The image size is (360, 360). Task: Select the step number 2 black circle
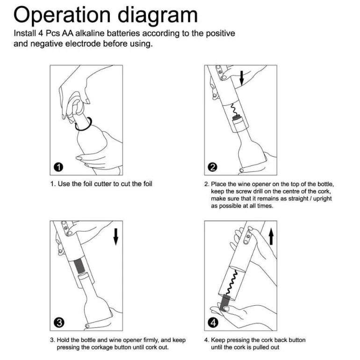[x=212, y=167]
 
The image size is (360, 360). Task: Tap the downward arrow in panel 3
[x=116, y=237]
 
